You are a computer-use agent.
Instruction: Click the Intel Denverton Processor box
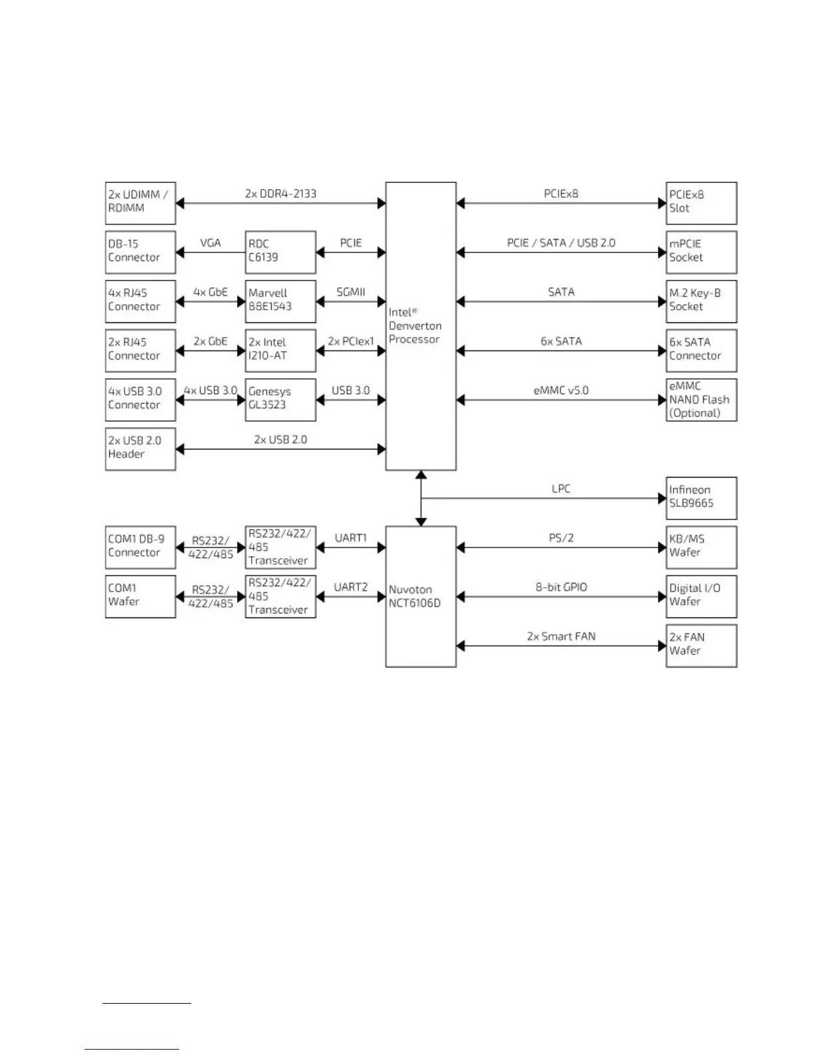tap(421, 326)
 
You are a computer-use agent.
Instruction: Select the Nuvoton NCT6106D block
tap(421, 596)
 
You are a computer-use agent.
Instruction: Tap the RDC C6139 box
tap(280, 252)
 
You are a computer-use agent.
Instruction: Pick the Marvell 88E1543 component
tap(280, 301)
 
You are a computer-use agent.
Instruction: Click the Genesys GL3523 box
tap(280, 400)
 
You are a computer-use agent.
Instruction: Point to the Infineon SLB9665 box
tap(701, 498)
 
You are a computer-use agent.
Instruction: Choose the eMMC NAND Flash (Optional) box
tap(701, 400)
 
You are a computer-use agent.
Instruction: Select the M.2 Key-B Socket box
tap(701, 301)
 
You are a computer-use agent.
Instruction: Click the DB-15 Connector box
tap(140, 252)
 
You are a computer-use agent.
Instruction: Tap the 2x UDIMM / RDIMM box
tap(140, 202)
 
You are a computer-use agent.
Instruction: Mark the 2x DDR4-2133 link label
tap(280, 194)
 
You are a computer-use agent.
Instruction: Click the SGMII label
tap(350, 292)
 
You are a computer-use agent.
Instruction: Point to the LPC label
tap(561, 488)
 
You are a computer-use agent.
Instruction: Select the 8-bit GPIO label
tap(561, 587)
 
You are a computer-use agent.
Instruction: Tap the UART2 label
tap(350, 587)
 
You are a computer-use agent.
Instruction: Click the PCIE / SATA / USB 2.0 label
tap(561, 242)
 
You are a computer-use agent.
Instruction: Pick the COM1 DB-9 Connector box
tap(140, 547)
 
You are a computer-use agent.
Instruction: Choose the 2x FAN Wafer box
tap(701, 645)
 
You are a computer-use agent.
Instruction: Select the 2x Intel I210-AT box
tap(280, 350)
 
